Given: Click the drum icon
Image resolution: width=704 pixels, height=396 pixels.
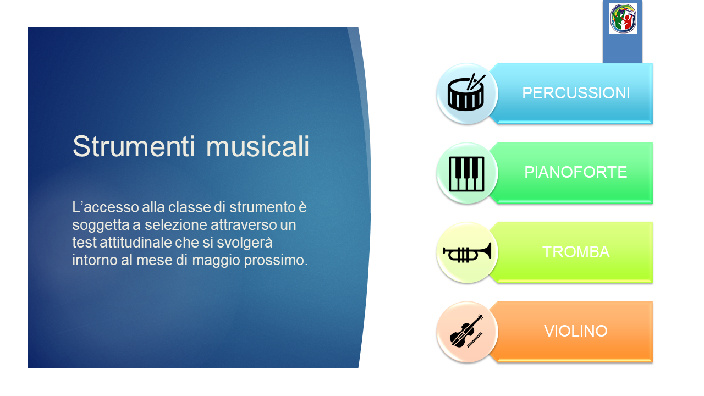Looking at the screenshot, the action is [x=466, y=93].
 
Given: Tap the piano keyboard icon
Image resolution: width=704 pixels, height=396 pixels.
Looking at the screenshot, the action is [x=467, y=174].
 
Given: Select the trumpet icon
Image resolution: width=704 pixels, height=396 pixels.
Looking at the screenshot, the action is [x=467, y=252].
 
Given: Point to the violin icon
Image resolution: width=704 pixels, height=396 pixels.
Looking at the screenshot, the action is [x=466, y=331].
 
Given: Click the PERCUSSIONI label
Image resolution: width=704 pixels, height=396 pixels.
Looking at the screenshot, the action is [x=576, y=93].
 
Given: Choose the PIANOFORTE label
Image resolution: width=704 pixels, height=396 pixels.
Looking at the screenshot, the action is [x=575, y=172].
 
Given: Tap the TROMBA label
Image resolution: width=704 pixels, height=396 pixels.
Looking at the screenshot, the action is [x=576, y=252].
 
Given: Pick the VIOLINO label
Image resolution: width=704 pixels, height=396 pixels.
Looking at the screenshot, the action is [x=575, y=331].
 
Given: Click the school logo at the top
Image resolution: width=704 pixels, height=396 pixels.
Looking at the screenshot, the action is [x=623, y=18].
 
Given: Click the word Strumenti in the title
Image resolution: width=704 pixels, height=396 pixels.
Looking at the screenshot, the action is [x=134, y=146].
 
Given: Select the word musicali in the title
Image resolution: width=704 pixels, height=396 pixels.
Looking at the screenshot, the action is [x=258, y=146].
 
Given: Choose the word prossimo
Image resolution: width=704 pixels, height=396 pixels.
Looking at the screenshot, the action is [x=276, y=260].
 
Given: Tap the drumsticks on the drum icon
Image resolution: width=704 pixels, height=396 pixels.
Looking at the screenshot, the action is [x=476, y=82].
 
